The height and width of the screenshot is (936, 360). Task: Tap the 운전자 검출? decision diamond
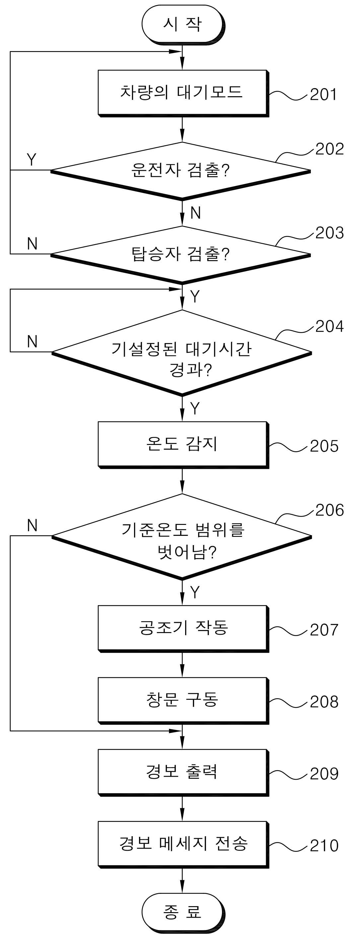pyautogui.click(x=181, y=171)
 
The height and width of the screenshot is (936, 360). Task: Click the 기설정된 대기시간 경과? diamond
pyautogui.click(x=181, y=352)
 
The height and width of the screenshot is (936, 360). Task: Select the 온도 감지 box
pyautogui.click(x=183, y=445)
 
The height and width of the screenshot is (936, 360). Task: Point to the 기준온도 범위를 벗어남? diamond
pyautogui.click(x=181, y=536)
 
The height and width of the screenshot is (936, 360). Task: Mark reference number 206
pyautogui.click(x=329, y=510)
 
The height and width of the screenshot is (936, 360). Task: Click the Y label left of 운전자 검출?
pyautogui.click(x=32, y=160)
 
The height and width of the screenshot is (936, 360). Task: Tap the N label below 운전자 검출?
pyautogui.click(x=195, y=213)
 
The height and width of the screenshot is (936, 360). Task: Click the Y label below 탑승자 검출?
pyautogui.click(x=195, y=297)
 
